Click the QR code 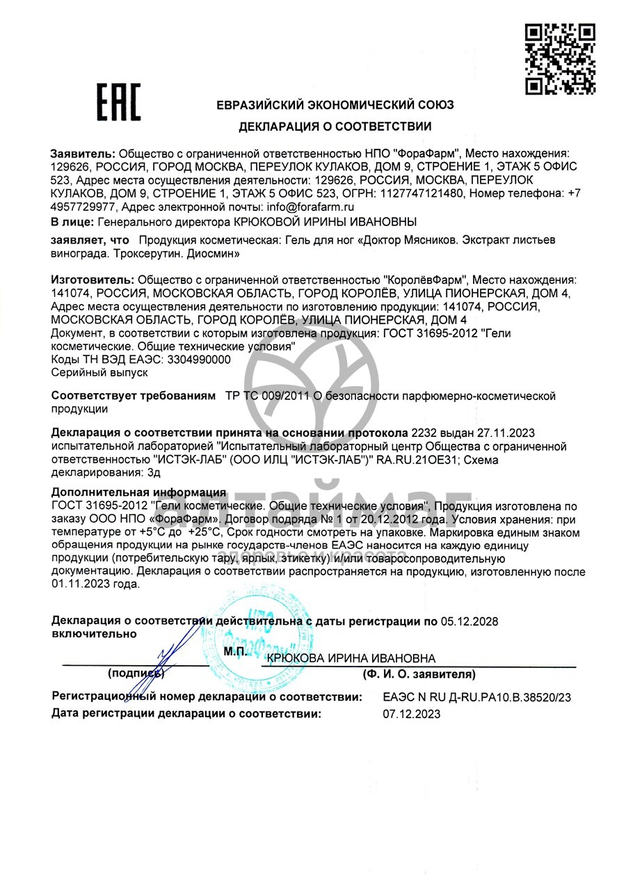tap(559, 58)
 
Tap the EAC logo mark tap(118, 102)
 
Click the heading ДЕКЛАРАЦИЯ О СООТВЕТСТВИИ tap(335, 127)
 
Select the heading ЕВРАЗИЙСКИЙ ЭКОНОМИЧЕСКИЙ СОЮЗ tap(335, 105)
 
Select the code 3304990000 tap(198, 359)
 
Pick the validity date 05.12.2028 tap(469, 621)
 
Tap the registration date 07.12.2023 tap(412, 713)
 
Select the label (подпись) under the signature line tap(136, 673)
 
